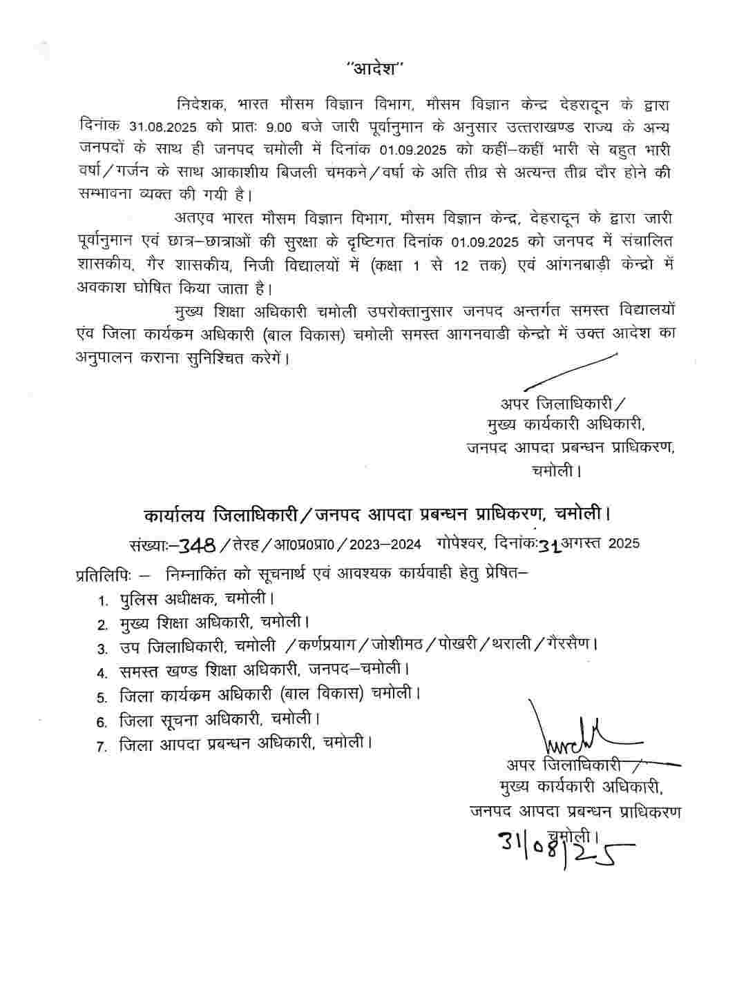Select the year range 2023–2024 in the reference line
click(385, 544)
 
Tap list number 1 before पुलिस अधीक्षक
click(102, 600)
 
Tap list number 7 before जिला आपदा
click(102, 746)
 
